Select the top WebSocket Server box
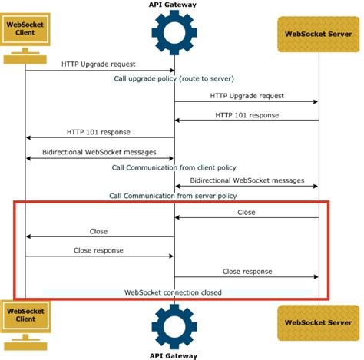(x=318, y=32)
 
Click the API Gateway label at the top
(x=174, y=5)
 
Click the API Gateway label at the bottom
(x=174, y=355)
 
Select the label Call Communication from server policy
(x=174, y=195)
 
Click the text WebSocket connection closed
(x=174, y=292)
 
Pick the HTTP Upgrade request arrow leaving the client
(x=100, y=71)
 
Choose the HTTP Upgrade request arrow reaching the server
(x=247, y=102)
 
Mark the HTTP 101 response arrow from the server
(x=247, y=121)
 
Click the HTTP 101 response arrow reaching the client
(x=100, y=138)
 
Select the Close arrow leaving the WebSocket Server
(x=247, y=218)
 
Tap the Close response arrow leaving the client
(x=100, y=256)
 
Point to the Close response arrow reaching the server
(x=247, y=277)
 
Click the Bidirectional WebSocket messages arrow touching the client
(x=100, y=158)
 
